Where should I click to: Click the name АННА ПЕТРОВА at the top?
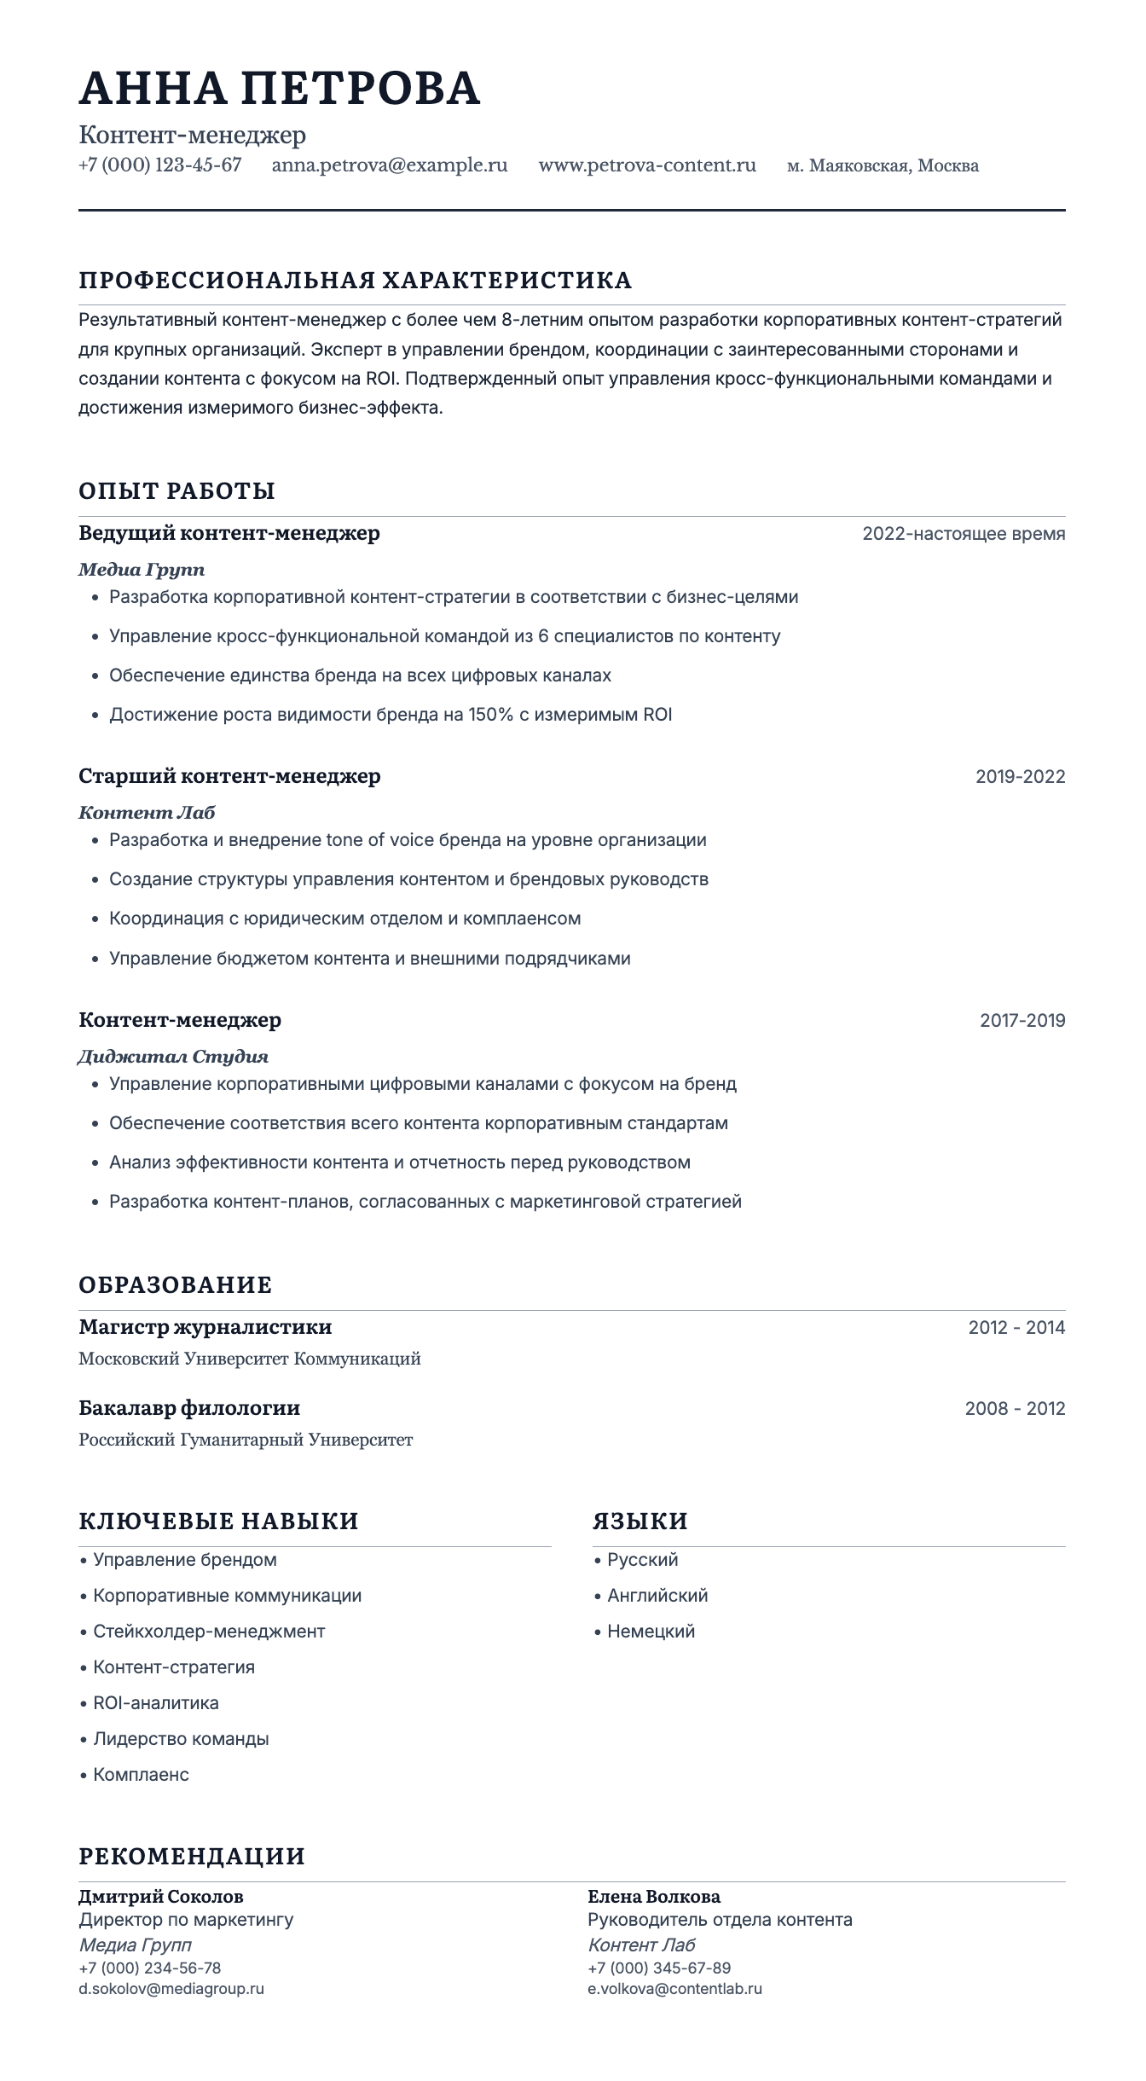[280, 88]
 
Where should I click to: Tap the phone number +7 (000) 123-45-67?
[160, 165]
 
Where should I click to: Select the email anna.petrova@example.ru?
[390, 165]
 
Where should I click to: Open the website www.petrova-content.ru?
[647, 165]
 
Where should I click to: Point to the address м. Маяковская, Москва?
[883, 165]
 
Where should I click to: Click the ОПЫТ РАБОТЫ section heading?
[177, 491]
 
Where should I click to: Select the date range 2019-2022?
[1020, 776]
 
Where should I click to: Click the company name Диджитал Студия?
[173, 1057]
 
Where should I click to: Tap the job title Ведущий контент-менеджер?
[229, 534]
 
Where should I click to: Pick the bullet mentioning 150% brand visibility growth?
[391, 715]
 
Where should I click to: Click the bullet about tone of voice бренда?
[408, 840]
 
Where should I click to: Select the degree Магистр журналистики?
[205, 1327]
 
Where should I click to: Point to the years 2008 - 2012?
[1015, 1408]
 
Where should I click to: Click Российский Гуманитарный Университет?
[246, 1440]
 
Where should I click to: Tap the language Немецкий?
[651, 1632]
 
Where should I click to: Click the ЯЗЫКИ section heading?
[640, 1521]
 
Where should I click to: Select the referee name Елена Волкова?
[654, 1897]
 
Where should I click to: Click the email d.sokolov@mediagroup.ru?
[171, 1989]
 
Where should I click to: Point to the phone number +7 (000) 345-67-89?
[659, 1968]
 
